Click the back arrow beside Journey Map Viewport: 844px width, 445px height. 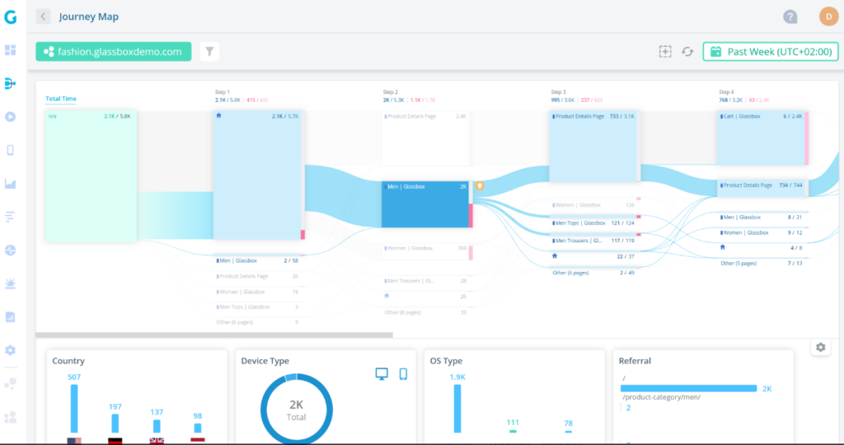(44, 16)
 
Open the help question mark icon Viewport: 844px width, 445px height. (790, 16)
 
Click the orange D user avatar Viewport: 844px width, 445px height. (828, 16)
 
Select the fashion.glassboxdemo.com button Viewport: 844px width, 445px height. (114, 52)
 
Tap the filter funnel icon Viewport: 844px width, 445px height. (210, 52)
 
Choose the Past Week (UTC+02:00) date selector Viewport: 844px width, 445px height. (770, 52)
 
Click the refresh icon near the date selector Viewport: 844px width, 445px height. (687, 52)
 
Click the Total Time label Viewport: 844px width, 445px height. (61, 99)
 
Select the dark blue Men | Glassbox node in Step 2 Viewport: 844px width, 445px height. (425, 204)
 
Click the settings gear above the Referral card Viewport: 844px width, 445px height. (820, 347)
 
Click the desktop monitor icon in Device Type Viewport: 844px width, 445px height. (382, 374)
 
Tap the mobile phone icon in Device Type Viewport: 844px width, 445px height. (403, 374)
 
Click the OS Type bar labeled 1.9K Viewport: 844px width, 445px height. (457, 408)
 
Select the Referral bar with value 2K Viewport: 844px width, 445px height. (689, 388)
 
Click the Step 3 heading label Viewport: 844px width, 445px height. (559, 92)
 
